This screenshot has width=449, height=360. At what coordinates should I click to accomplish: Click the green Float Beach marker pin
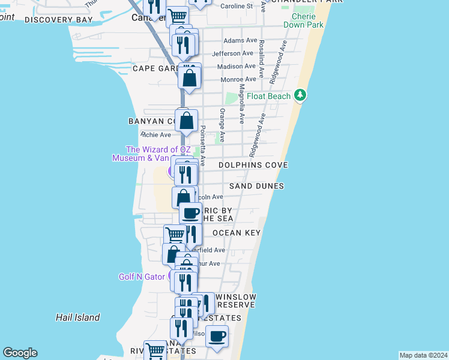(300, 96)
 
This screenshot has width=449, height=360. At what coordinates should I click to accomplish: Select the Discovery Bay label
(59, 20)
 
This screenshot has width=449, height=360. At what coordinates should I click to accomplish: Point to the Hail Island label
(77, 317)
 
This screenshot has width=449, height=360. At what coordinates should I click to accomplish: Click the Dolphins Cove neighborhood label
(253, 164)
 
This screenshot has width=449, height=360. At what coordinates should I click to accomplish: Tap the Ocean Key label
(236, 233)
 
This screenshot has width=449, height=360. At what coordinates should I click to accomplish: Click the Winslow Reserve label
(236, 301)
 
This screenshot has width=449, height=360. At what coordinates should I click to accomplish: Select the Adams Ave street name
(240, 41)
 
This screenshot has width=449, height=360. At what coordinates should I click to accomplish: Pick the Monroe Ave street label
(239, 79)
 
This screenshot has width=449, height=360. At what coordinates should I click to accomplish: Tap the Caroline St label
(237, 6)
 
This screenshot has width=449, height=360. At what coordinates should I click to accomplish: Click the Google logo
(20, 353)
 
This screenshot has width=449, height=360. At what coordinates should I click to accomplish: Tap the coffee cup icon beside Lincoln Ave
(190, 213)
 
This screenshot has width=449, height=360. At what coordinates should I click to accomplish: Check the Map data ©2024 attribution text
(423, 355)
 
